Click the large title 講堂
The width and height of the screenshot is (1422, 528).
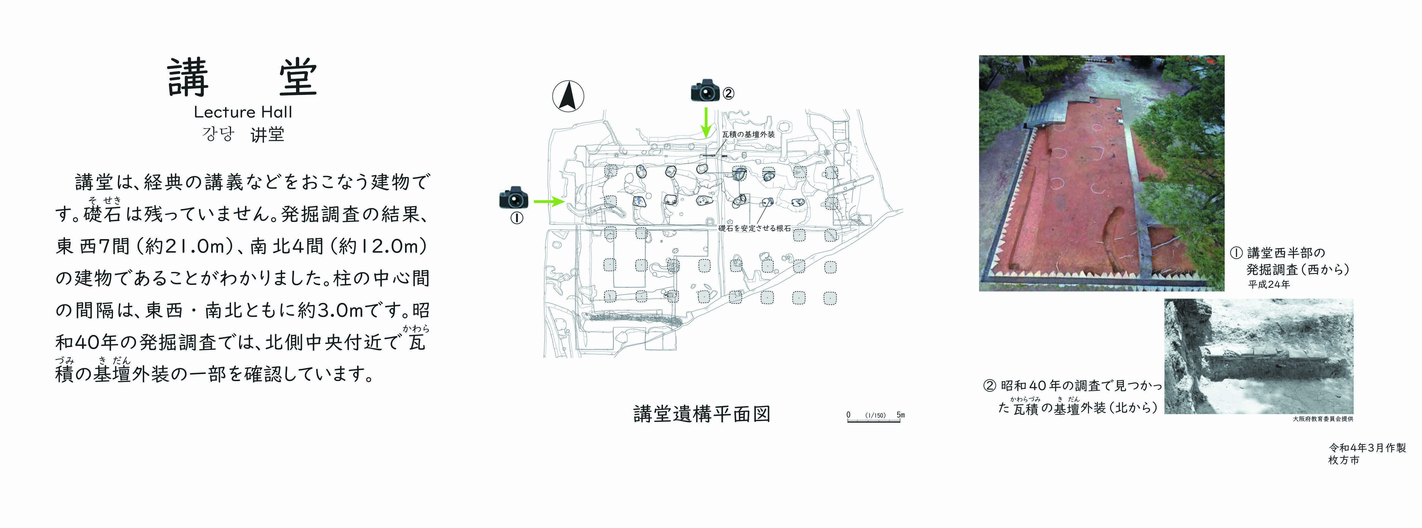pos(243,77)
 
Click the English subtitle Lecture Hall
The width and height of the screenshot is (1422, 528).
pos(243,112)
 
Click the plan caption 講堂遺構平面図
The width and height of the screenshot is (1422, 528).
pos(702,414)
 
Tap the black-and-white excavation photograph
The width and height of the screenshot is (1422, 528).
pos(1259,356)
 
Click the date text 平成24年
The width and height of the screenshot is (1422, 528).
pos(1269,285)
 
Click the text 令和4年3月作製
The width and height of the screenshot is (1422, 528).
pos(1367,448)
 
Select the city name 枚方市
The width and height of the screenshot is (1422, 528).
pos(1344,460)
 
